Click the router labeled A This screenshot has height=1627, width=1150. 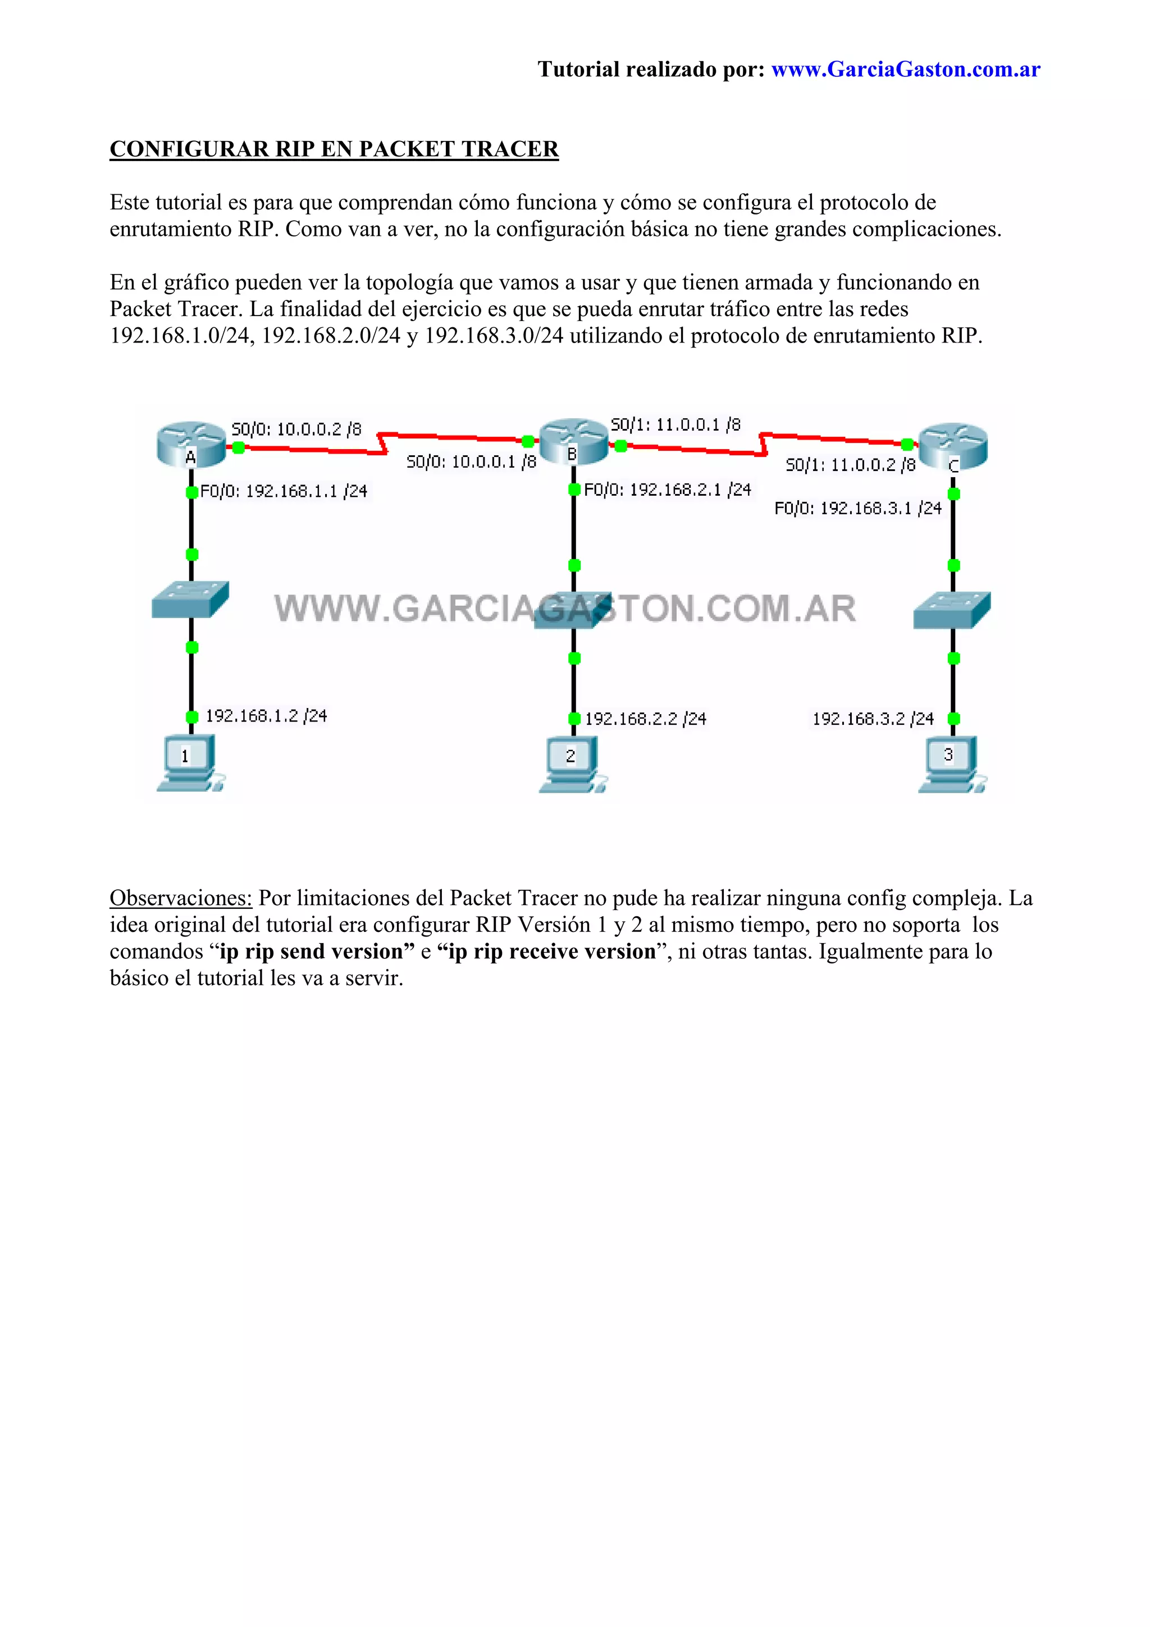(190, 444)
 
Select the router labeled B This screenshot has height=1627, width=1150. (573, 441)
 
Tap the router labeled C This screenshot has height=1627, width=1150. (953, 446)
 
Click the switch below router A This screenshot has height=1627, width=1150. (190, 600)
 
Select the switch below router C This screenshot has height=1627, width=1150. (952, 610)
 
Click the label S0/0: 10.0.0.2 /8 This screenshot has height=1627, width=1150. (296, 429)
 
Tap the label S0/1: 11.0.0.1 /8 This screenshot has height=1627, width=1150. (676, 424)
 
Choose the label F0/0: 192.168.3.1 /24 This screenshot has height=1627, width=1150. (857, 508)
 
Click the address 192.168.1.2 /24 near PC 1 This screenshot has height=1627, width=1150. (266, 716)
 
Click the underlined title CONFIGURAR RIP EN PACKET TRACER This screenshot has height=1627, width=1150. (334, 149)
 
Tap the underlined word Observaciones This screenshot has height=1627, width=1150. (181, 898)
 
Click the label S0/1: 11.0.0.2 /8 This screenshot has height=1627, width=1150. (850, 465)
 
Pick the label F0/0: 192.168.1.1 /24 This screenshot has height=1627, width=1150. (284, 491)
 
